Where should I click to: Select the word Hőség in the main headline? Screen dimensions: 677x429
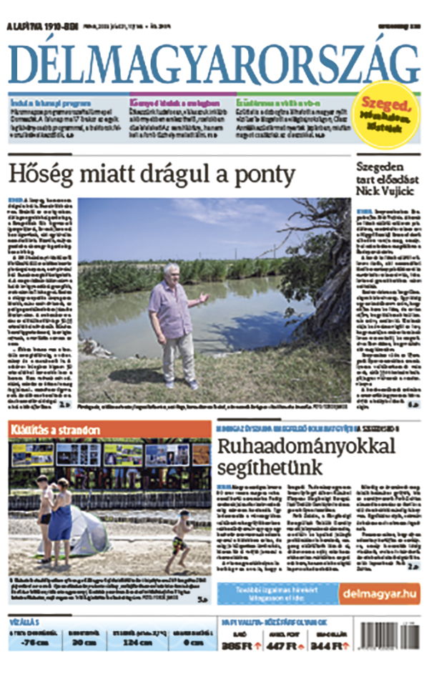[36, 174]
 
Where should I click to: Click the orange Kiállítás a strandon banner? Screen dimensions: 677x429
[56, 430]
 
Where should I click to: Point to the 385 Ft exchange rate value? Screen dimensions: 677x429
[240, 646]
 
